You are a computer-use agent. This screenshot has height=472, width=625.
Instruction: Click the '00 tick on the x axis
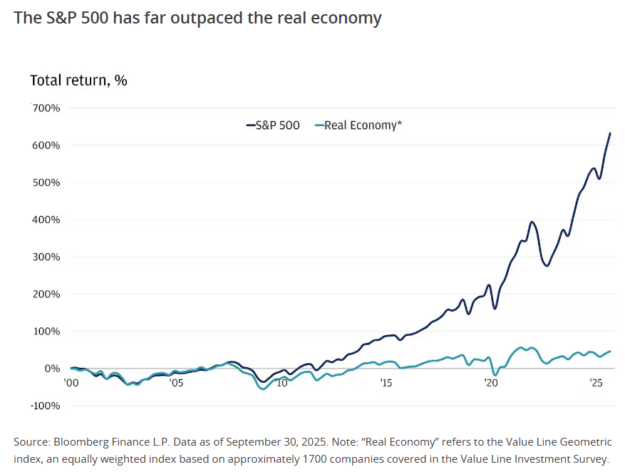71,383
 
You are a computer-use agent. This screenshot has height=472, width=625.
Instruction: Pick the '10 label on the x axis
281,383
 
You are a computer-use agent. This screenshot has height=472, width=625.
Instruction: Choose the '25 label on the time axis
596,383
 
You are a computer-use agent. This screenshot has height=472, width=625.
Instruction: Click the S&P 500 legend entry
273,125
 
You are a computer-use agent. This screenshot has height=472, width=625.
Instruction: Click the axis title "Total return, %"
78,80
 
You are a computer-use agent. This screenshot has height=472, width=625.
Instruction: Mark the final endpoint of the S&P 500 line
610,133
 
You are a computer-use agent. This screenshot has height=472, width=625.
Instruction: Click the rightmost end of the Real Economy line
610,351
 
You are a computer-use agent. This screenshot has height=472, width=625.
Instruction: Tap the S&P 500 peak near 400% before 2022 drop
532,222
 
